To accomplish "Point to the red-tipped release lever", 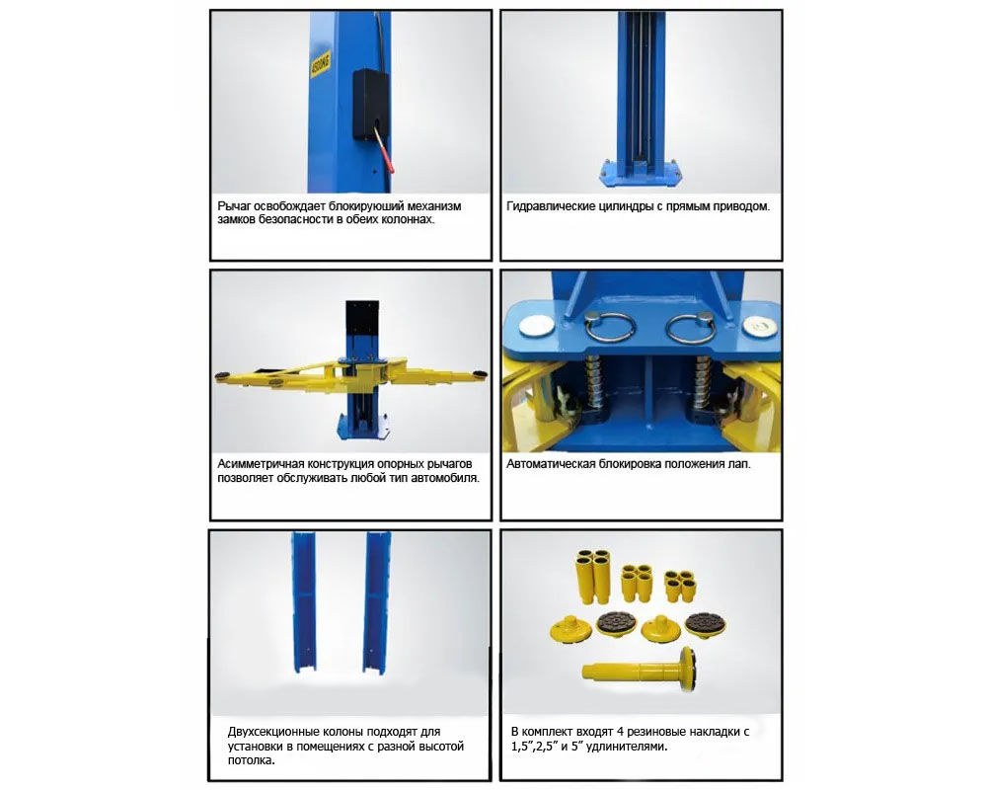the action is [383, 149].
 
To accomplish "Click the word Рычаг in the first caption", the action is [234, 206].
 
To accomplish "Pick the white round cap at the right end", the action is [756, 325].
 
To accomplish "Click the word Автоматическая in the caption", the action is [551, 464].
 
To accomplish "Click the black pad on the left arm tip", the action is [222, 376].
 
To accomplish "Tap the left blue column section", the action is [305, 601].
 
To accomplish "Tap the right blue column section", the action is [377, 601].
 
